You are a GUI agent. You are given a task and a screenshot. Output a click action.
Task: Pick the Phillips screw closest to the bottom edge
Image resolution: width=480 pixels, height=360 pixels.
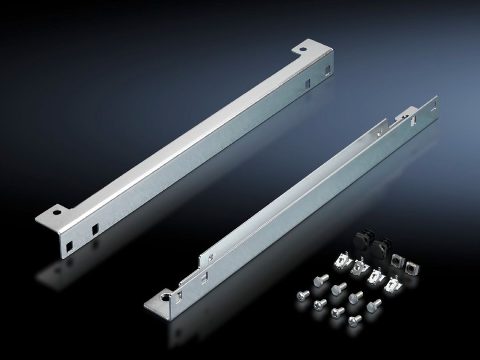354,320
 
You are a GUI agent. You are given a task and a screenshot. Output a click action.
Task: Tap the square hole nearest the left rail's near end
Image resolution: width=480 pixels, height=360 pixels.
70,244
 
